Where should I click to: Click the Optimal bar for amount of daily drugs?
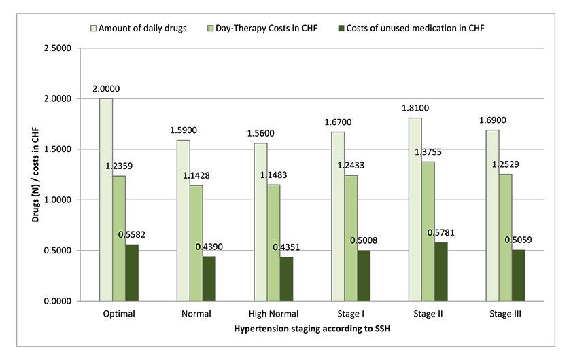pos(106,200)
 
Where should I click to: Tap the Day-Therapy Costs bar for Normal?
pos(196,243)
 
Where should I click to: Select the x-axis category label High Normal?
pos(273,314)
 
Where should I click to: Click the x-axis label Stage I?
pos(351,314)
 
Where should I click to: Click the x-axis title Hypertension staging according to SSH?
pos(311,329)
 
